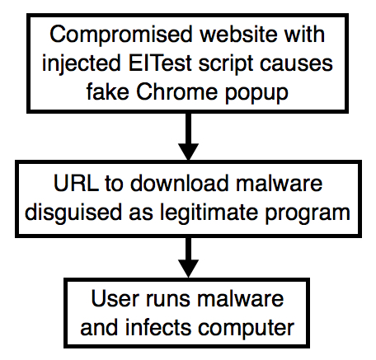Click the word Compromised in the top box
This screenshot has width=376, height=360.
click(120, 35)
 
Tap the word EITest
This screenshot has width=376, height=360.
click(160, 63)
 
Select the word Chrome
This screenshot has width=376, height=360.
click(176, 91)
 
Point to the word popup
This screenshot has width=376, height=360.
click(256, 94)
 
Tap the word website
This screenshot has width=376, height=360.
click(238, 34)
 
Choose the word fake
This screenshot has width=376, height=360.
click(107, 91)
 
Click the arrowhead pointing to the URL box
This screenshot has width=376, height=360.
click(188, 152)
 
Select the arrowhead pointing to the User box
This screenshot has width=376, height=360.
click(188, 269)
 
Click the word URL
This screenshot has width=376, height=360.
click(76, 183)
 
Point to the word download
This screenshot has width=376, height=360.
click(180, 183)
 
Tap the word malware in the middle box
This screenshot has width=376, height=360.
click(279, 183)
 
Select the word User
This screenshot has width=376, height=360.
click(113, 298)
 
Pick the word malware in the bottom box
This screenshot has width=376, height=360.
click(241, 298)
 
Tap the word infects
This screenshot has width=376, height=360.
click(158, 327)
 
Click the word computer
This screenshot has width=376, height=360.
click(247, 329)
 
